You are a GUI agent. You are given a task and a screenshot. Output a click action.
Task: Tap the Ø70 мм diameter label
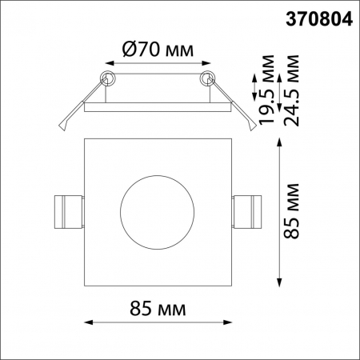point(158,50)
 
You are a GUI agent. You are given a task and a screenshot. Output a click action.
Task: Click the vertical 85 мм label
point(294,211)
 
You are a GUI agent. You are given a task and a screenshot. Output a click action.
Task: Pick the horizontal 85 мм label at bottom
point(158,308)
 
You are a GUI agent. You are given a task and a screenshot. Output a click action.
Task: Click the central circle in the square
point(156,212)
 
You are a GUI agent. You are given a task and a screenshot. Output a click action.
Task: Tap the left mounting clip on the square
point(66,212)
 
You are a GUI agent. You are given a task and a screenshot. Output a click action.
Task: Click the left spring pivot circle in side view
point(106,78)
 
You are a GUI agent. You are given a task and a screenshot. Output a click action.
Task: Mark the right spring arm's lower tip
point(252,127)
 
